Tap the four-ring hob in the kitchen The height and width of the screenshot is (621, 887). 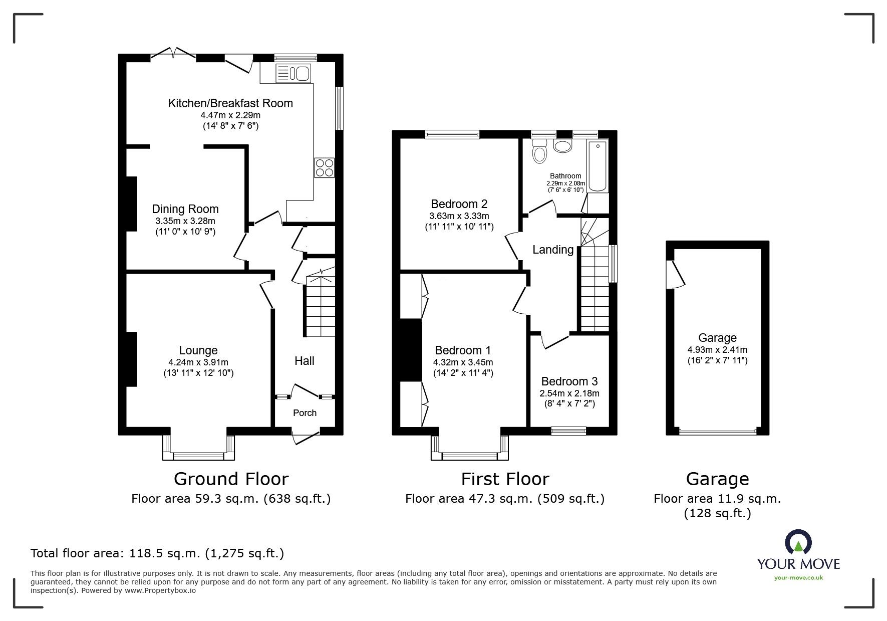click(x=324, y=167)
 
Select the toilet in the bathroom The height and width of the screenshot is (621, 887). click(x=539, y=150)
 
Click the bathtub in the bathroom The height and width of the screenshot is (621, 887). click(x=598, y=166)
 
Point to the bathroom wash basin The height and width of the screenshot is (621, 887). click(x=563, y=145)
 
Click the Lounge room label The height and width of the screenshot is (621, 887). click(x=198, y=351)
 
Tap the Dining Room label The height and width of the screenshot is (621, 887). click(x=185, y=209)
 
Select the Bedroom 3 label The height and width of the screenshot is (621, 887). click(x=569, y=381)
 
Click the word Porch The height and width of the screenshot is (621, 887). click(x=305, y=413)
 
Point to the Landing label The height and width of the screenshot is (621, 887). click(x=553, y=250)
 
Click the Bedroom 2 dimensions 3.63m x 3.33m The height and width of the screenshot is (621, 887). click(x=459, y=216)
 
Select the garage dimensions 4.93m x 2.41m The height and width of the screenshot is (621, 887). click(x=717, y=350)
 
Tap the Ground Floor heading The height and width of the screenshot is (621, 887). click(x=231, y=479)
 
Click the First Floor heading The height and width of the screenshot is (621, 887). click(x=505, y=479)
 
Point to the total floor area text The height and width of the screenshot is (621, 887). click(x=157, y=553)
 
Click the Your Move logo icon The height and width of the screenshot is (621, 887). click(x=798, y=541)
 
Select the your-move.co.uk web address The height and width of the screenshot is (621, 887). click(x=798, y=578)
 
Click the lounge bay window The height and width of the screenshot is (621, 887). click(x=198, y=448)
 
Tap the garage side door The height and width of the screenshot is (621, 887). click(x=675, y=274)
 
